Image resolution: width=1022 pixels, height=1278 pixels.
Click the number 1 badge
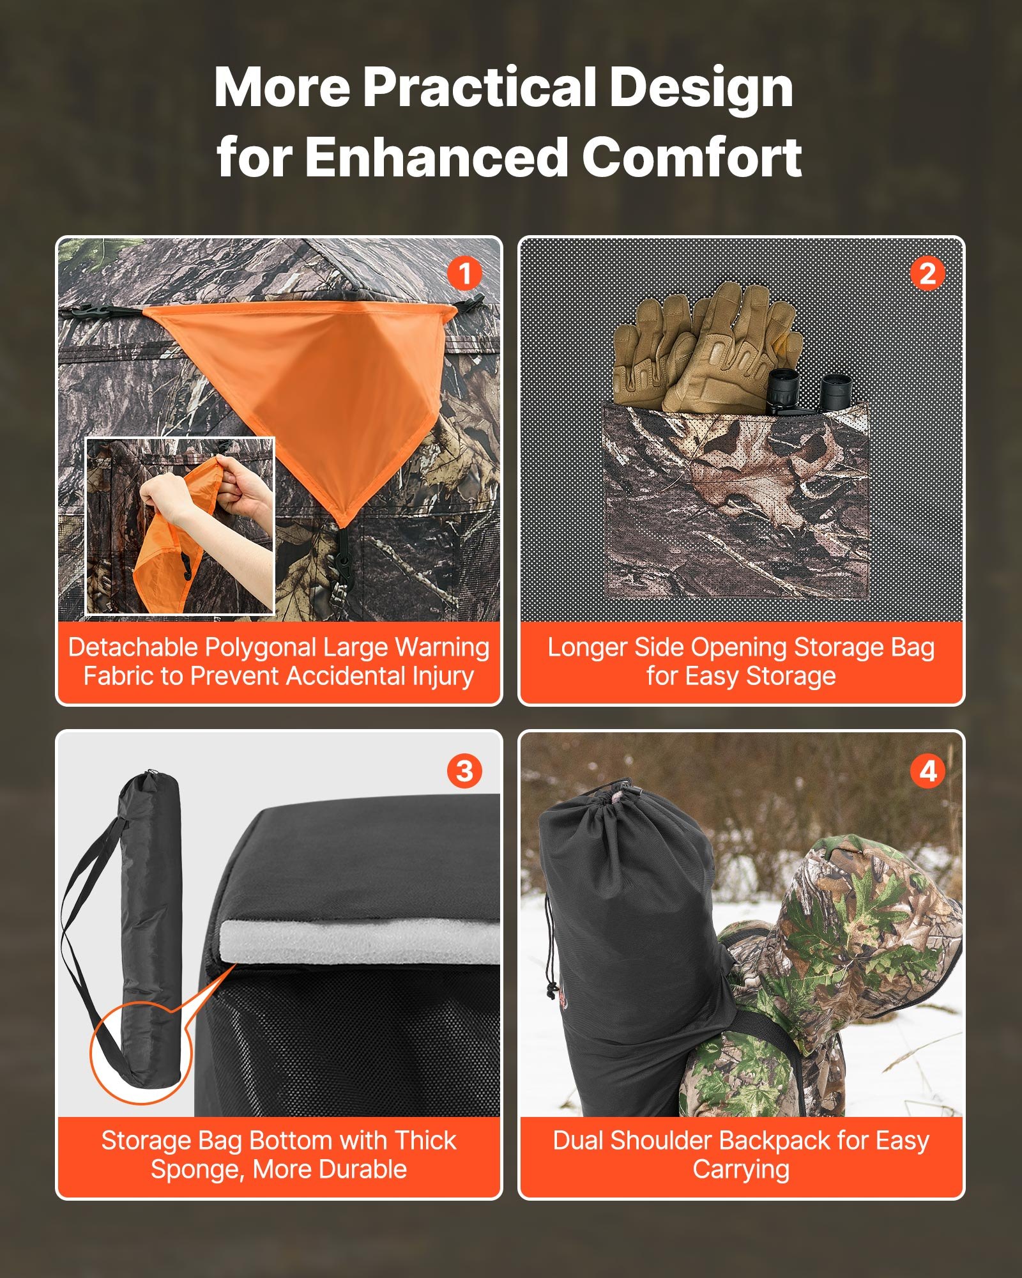click(x=464, y=274)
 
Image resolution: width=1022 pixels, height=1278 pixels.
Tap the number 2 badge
click(x=927, y=274)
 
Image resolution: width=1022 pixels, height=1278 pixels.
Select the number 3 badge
click(x=464, y=771)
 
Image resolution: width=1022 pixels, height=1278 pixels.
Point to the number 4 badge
click(x=927, y=771)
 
